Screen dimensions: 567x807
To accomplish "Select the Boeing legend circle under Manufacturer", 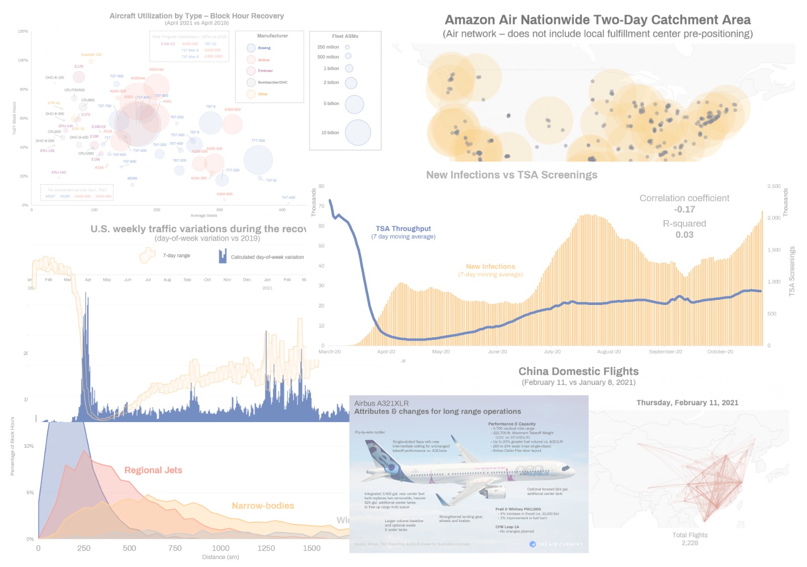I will click(251, 48).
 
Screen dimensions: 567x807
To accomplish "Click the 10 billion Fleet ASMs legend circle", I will click(358, 133).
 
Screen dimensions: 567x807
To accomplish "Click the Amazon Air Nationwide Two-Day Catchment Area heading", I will click(597, 20).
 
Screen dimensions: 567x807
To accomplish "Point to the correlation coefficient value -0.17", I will click(684, 210).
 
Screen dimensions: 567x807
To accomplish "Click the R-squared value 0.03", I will click(684, 235).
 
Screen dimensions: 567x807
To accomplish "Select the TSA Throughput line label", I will click(403, 229).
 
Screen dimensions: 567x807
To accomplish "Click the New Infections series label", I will click(490, 267).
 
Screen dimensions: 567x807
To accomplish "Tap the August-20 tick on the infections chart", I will click(608, 351).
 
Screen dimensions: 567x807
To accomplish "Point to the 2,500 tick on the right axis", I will click(773, 186).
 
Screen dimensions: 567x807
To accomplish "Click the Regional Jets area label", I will click(153, 470).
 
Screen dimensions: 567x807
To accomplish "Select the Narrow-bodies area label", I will click(262, 505).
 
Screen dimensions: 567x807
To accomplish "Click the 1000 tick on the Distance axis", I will click(220, 548).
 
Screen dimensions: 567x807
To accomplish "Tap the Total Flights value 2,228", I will click(689, 543).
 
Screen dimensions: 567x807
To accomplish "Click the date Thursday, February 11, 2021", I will click(687, 402).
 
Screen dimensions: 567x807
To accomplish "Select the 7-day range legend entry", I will click(176, 255).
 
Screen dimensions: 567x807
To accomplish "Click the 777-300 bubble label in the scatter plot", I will click(258, 141).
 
